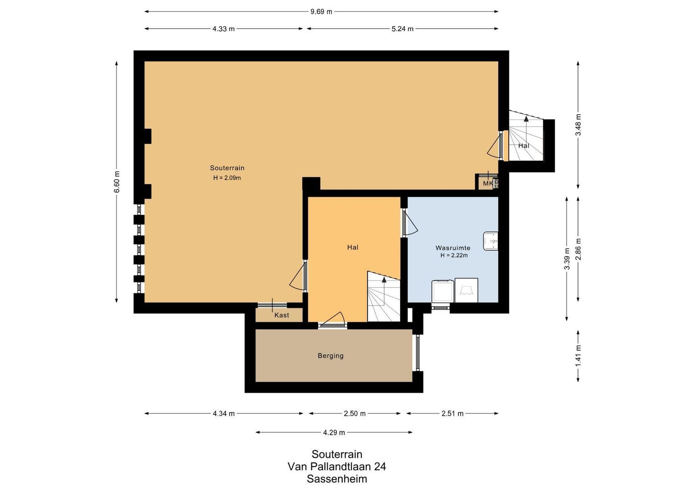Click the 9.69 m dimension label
[x=321, y=12]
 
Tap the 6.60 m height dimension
[x=117, y=182]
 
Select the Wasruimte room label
[x=452, y=248]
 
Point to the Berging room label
[x=330, y=356]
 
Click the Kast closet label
[x=281, y=315]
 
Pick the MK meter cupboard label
[x=487, y=184]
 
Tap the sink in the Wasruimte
[x=491, y=241]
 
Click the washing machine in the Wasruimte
[x=443, y=291]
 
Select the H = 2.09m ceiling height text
[x=227, y=178]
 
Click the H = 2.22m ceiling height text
[x=454, y=256]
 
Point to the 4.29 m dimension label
[x=334, y=432]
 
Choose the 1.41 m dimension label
[x=578, y=356]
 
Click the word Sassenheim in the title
[x=336, y=479]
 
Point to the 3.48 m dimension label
[x=578, y=125]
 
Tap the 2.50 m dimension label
[x=355, y=414]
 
